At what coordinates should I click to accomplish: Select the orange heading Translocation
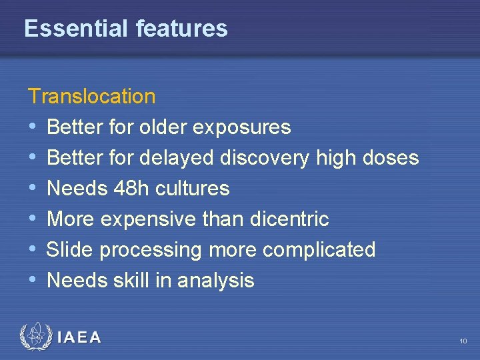(x=92, y=97)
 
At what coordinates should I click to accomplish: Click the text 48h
(x=125, y=189)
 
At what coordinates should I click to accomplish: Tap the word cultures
(x=193, y=189)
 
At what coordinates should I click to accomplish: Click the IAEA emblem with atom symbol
(x=35, y=337)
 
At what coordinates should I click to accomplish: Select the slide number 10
(x=463, y=341)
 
